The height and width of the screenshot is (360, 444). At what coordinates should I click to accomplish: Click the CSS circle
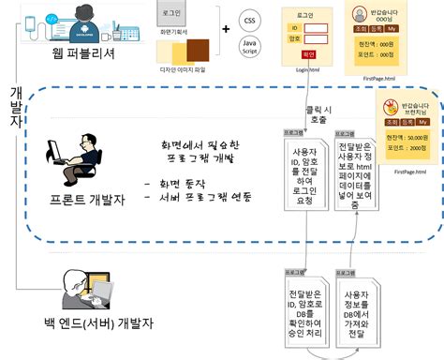coord(249,19)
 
